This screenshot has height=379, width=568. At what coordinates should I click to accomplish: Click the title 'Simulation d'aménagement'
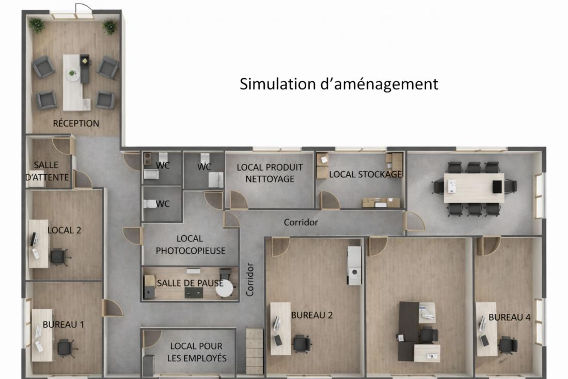[x=339, y=84]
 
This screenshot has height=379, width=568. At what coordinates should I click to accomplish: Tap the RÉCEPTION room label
[x=76, y=123]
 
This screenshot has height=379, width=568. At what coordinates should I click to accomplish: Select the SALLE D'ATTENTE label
[x=46, y=171]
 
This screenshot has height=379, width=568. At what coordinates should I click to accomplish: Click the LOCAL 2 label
[x=65, y=230]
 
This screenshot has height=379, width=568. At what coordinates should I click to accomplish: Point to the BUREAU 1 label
[x=64, y=325]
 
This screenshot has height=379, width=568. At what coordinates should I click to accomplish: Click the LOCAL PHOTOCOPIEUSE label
[x=190, y=245]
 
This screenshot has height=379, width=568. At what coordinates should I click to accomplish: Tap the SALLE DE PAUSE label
[x=190, y=283]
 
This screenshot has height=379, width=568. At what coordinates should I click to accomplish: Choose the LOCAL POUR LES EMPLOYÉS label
[x=197, y=352]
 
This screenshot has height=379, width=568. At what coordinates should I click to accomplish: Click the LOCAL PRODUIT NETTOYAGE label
[x=270, y=173]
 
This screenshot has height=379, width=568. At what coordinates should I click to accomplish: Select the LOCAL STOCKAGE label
[x=366, y=174]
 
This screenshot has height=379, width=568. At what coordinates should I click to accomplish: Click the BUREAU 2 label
[x=312, y=315]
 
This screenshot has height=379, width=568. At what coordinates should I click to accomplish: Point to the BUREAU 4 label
[x=509, y=317]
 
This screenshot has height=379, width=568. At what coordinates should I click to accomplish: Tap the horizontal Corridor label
[x=301, y=222]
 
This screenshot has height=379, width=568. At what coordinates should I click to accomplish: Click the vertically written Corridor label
[x=250, y=280]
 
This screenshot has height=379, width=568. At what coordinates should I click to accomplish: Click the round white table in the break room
[x=224, y=289]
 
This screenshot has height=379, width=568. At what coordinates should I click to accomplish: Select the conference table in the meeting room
[x=474, y=188]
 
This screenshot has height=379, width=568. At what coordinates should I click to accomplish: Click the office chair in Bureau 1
[x=65, y=347]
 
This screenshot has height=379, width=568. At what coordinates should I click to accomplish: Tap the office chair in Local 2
[x=59, y=257]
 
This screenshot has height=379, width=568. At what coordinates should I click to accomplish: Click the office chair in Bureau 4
[x=508, y=345]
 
